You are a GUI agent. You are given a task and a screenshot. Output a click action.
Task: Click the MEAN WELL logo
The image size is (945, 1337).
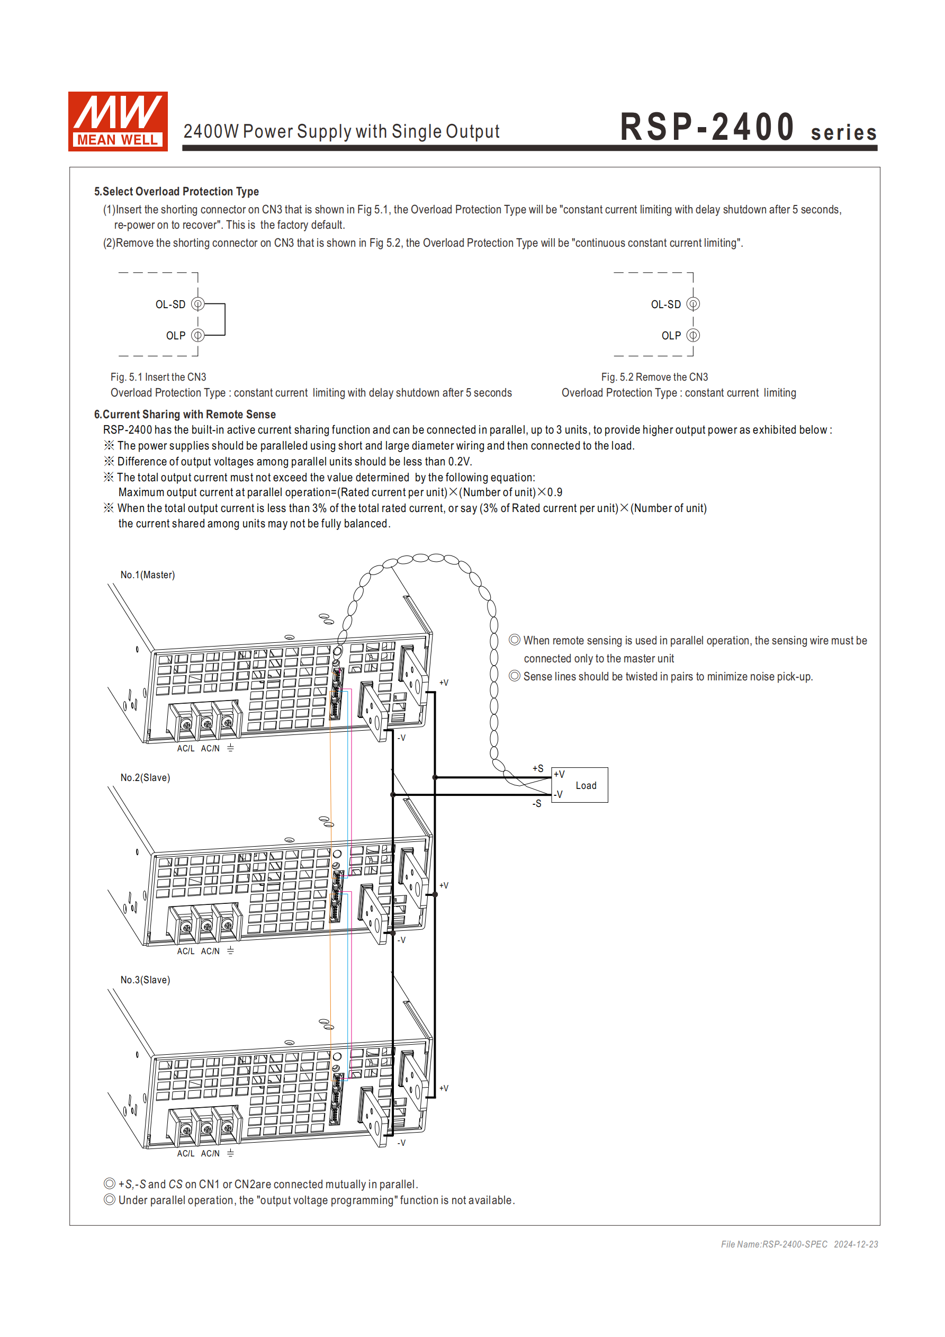[118, 121]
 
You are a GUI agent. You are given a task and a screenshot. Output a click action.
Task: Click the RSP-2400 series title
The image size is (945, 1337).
[748, 128]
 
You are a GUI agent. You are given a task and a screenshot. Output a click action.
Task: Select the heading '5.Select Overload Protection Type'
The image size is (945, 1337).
[176, 192]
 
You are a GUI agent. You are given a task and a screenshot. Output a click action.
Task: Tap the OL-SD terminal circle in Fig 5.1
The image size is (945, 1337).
[198, 304]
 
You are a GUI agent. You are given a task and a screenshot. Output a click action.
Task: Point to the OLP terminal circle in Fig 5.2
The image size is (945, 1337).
[693, 335]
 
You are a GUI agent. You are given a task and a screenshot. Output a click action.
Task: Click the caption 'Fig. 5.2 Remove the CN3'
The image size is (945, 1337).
[654, 378]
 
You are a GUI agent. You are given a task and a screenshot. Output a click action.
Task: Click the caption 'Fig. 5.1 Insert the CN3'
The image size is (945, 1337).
[158, 378]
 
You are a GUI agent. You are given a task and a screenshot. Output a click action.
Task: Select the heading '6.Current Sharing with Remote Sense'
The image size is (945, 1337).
[185, 415]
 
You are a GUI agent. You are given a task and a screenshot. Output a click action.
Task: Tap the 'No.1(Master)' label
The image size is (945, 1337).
[147, 575]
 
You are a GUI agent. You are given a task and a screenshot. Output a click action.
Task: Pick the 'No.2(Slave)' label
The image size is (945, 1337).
[145, 777]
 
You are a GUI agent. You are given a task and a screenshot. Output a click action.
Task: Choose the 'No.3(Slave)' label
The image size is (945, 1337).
[145, 980]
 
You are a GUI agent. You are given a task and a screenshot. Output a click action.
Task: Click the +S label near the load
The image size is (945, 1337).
[538, 769]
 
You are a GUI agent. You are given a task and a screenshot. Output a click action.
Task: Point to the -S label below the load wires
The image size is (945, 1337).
[537, 804]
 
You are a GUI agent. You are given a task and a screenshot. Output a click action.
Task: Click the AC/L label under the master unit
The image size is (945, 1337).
[186, 748]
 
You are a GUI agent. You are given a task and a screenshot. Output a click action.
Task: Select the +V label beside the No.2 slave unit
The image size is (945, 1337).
[444, 885]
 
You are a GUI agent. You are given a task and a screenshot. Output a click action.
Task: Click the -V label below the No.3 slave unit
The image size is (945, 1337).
[401, 1143]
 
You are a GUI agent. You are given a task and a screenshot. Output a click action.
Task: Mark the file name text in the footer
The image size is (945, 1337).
[774, 1244]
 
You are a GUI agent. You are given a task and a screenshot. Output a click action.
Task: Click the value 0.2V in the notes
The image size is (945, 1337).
[460, 462]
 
